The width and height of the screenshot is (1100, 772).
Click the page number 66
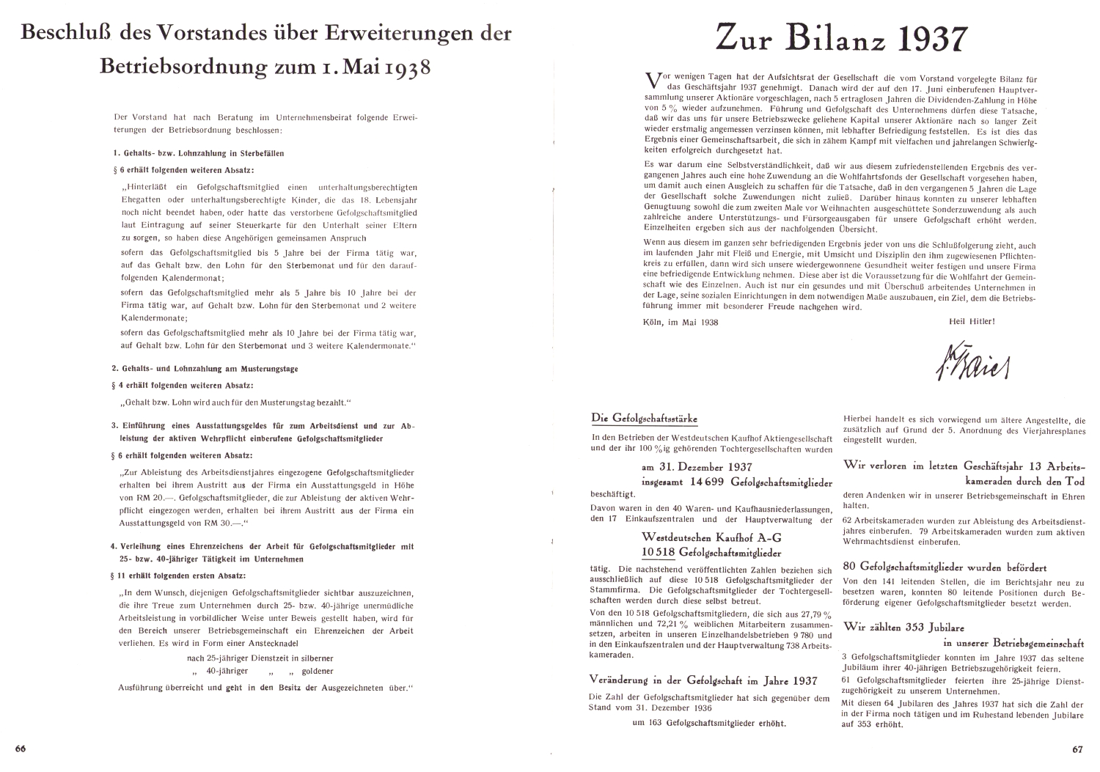(x=20, y=749)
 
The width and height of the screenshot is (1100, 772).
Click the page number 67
(x=1077, y=749)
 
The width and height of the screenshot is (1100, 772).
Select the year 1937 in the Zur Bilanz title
(x=931, y=38)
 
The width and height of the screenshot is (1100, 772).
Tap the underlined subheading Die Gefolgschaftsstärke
(x=644, y=419)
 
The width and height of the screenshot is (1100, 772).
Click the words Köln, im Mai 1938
(x=680, y=322)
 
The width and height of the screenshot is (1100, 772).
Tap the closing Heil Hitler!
(x=971, y=321)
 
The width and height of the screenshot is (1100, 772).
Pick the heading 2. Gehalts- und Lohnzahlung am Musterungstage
(x=205, y=369)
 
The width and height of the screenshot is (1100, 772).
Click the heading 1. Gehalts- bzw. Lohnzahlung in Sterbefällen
(x=197, y=154)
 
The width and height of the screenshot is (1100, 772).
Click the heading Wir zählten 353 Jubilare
(x=903, y=627)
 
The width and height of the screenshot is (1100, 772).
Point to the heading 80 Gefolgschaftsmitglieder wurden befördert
(x=945, y=567)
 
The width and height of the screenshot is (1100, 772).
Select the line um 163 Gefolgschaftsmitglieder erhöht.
(x=708, y=723)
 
